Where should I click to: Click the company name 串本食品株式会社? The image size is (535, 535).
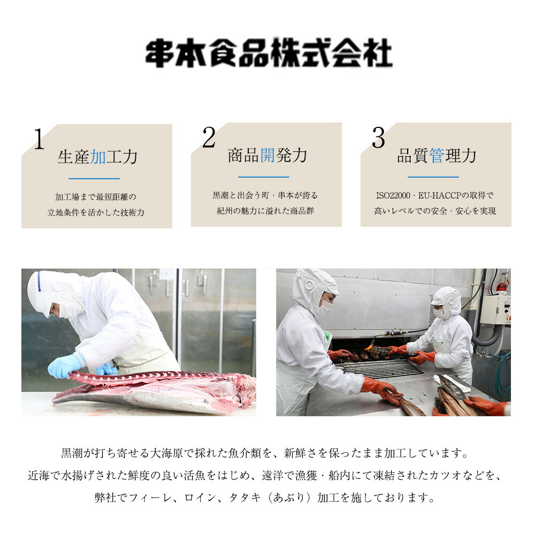[x=269, y=52]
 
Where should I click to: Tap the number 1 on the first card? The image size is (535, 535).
[x=39, y=140]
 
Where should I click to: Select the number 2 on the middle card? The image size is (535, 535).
[x=208, y=139]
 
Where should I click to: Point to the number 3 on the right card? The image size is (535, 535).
[x=378, y=139]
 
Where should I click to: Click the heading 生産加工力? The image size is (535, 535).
[x=97, y=157]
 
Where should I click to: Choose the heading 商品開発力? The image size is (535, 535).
[x=267, y=155]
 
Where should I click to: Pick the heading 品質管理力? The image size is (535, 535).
[x=437, y=156]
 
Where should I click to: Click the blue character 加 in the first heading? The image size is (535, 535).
[x=97, y=157]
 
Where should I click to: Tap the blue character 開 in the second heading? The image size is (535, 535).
[x=267, y=155]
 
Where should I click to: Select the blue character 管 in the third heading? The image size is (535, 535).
[x=437, y=156]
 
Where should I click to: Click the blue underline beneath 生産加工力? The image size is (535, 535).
[x=94, y=178]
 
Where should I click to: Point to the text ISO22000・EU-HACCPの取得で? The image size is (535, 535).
[x=434, y=196]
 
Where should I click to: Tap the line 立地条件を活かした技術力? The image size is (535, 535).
[x=96, y=212]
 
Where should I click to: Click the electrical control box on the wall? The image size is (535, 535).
[x=494, y=309]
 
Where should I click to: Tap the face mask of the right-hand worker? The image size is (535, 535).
[x=439, y=314]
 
